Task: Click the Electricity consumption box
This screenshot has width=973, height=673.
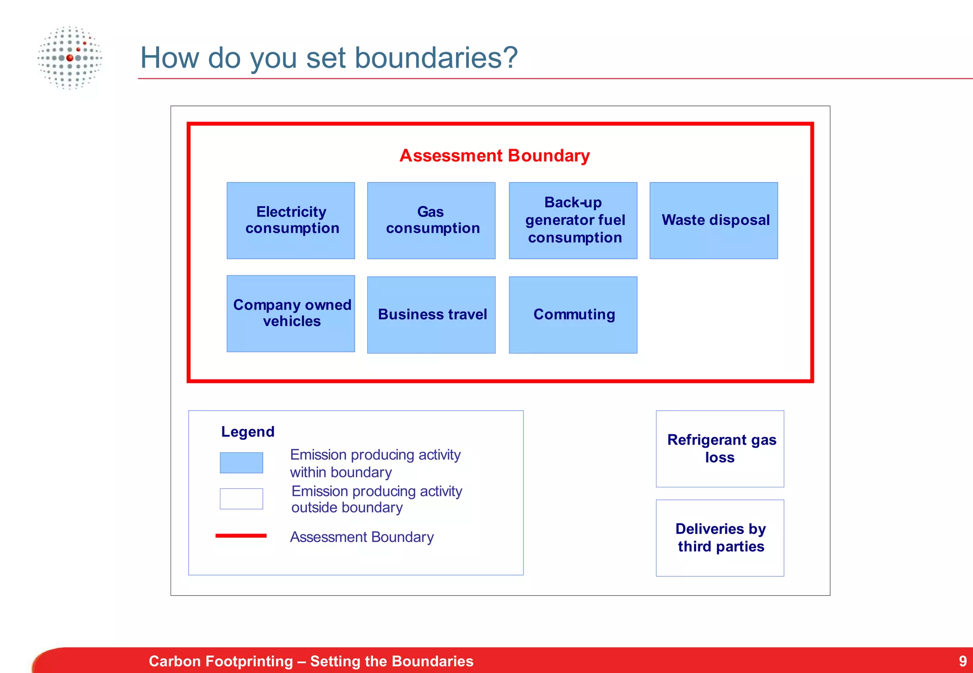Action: tap(291, 220)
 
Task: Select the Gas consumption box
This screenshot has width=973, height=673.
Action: tap(431, 220)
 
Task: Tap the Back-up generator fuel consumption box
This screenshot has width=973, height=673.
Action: tap(573, 220)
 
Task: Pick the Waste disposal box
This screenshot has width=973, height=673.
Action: tap(714, 220)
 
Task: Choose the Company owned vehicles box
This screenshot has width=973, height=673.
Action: tap(291, 313)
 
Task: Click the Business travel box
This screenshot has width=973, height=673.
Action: tap(431, 315)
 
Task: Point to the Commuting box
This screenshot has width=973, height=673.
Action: tap(573, 315)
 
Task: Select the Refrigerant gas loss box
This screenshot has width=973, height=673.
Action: tap(720, 449)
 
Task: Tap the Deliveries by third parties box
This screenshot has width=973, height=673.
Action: tap(720, 538)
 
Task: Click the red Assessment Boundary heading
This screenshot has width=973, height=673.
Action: tap(495, 156)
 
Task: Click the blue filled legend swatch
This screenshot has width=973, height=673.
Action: tap(241, 463)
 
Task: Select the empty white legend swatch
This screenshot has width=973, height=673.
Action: tap(241, 499)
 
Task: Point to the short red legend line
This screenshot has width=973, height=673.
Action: tap(241, 535)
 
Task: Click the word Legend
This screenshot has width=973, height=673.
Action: tap(248, 431)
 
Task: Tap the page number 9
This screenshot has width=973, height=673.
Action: tap(963, 661)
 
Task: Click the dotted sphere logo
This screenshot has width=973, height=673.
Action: tap(70, 58)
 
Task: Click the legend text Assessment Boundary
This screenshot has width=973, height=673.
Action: tap(362, 537)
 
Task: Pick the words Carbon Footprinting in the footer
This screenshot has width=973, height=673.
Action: tap(220, 661)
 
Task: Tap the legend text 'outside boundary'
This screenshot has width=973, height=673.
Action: tap(347, 508)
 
